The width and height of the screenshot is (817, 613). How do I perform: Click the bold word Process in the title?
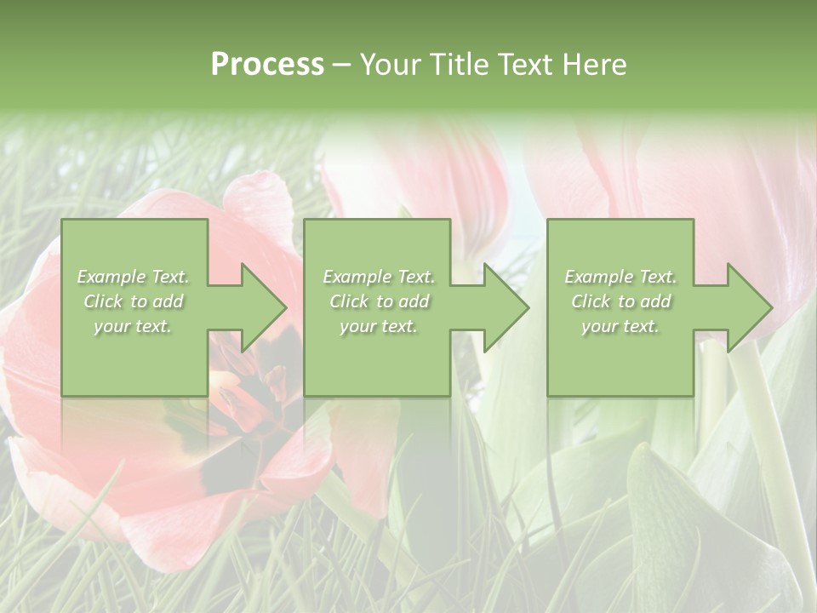click(x=267, y=65)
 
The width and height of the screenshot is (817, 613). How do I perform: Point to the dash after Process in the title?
click(x=342, y=66)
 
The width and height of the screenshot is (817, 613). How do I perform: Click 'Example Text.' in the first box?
click(x=134, y=277)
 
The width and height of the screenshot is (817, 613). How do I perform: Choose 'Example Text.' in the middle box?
click(x=379, y=277)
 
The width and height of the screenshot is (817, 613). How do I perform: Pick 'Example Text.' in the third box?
click(x=620, y=277)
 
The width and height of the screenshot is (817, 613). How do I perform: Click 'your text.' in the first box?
click(x=134, y=326)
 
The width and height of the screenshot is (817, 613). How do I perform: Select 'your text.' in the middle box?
click(x=379, y=326)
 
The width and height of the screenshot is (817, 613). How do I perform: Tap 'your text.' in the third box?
click(x=620, y=326)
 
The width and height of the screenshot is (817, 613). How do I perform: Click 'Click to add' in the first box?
click(x=134, y=301)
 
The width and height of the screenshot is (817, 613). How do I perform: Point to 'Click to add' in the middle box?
click(x=379, y=301)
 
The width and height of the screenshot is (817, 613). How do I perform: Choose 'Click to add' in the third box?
click(x=620, y=301)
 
